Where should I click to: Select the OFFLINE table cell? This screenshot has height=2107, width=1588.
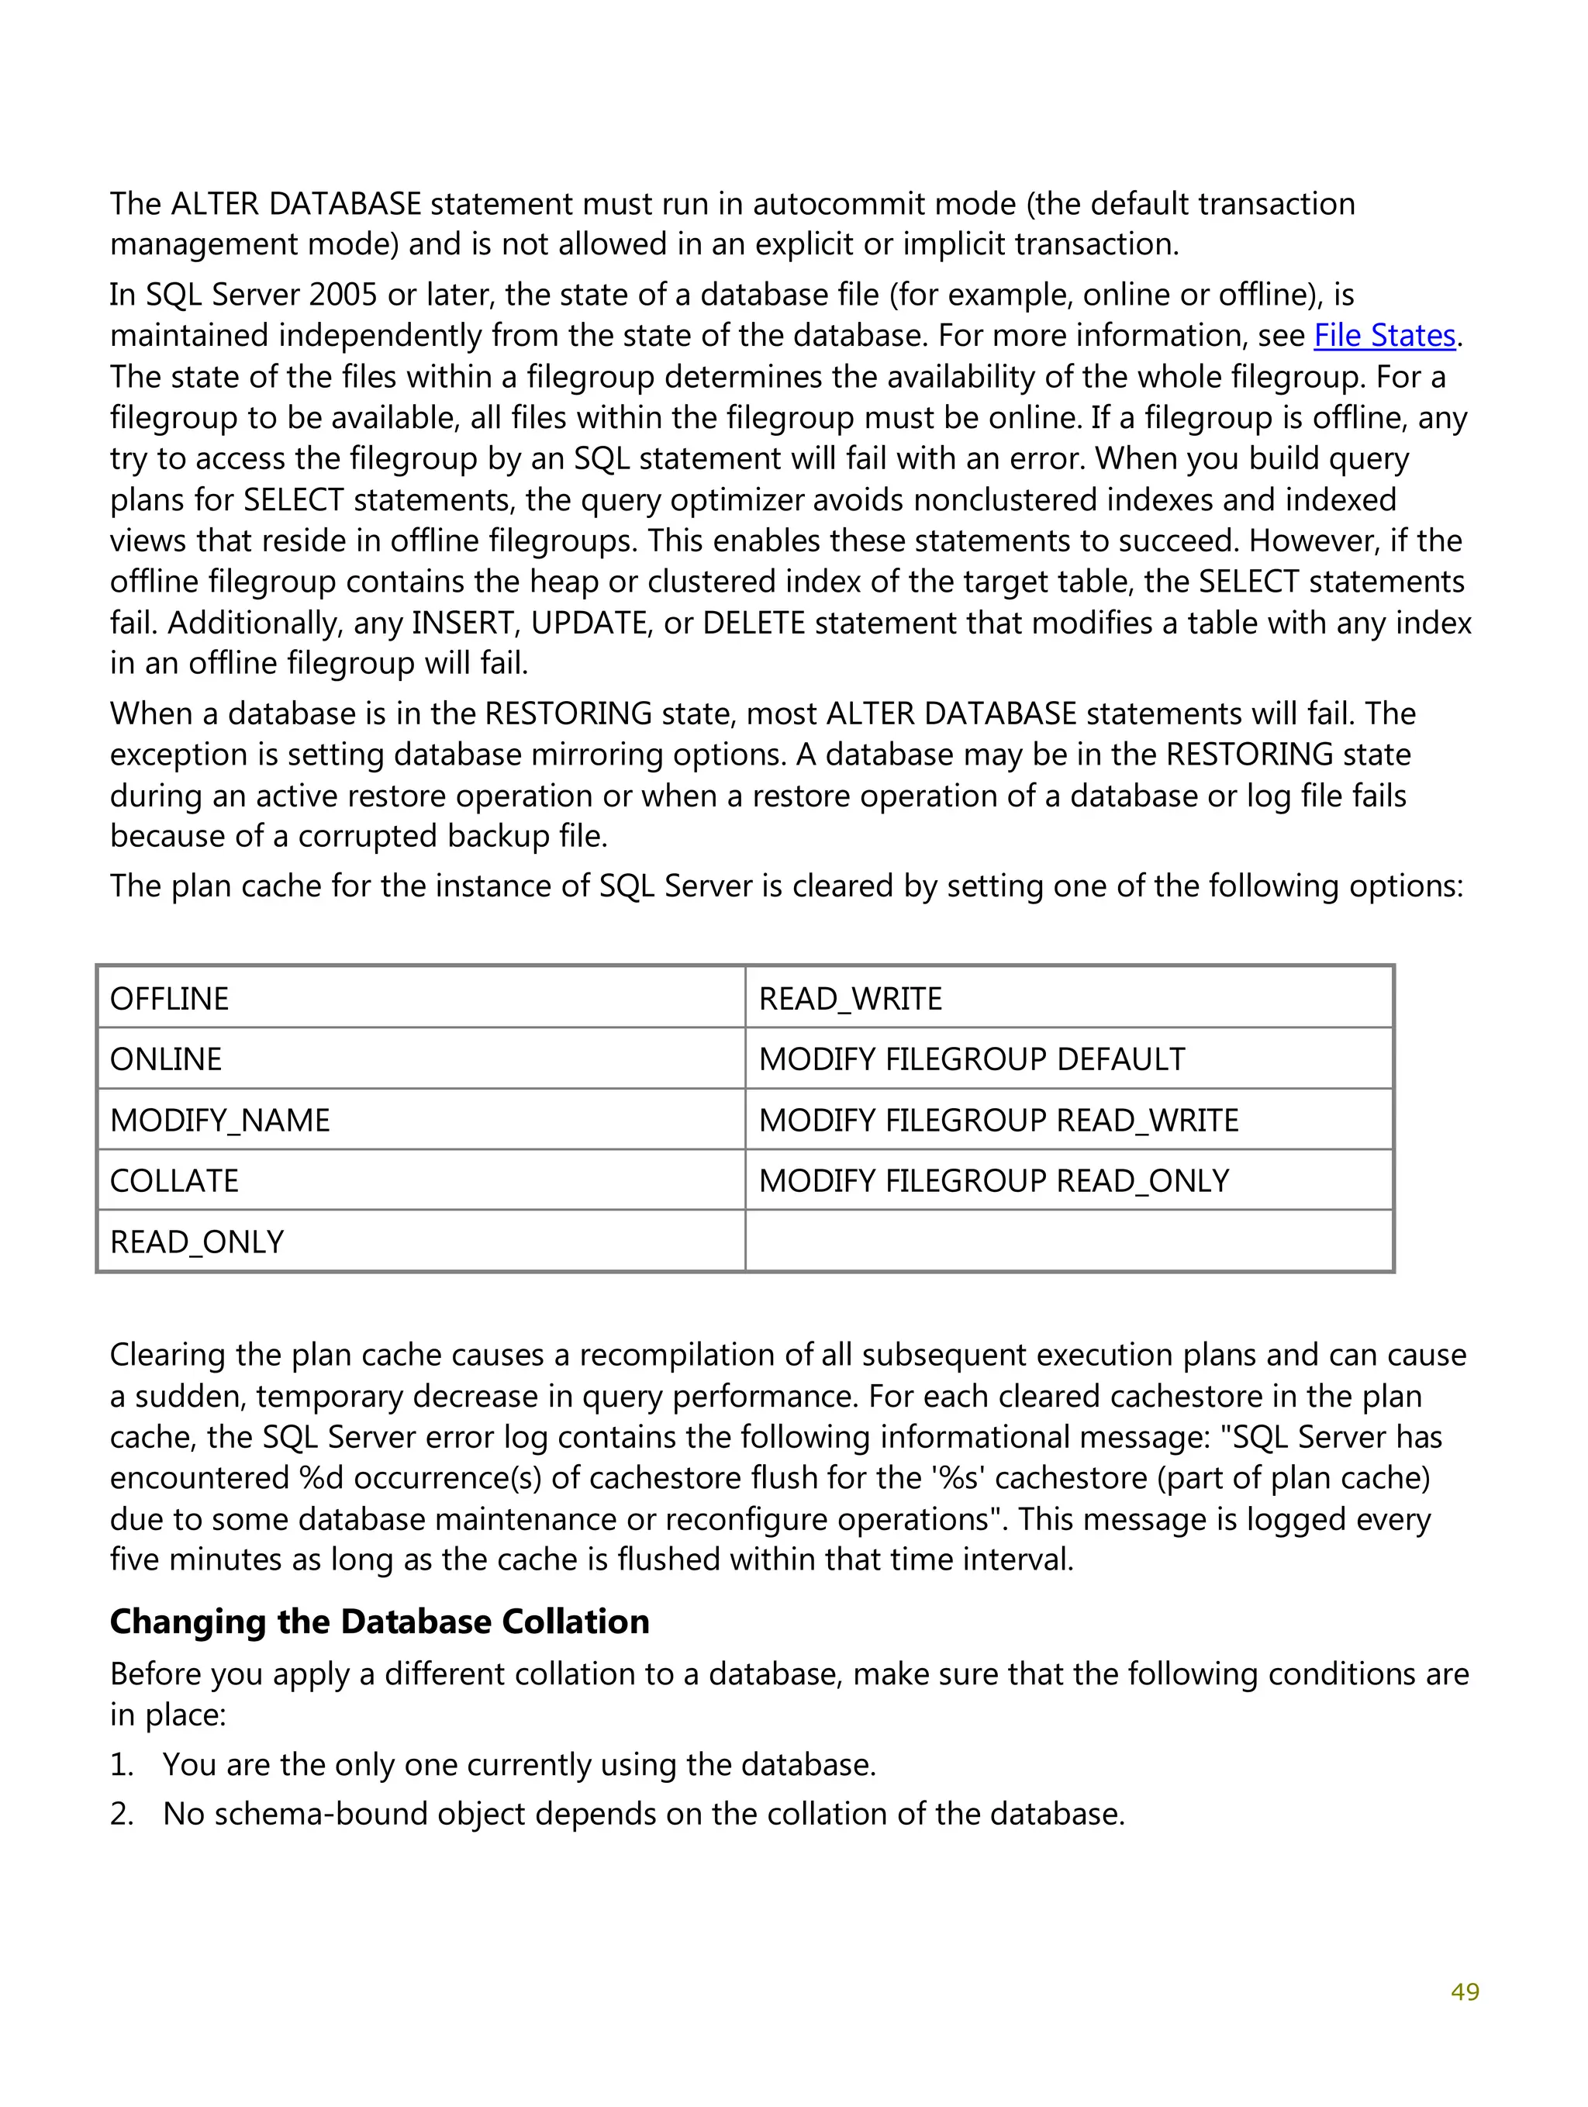click(x=420, y=997)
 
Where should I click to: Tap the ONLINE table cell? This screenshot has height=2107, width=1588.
click(x=420, y=1059)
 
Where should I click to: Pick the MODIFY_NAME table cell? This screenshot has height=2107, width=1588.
click(x=420, y=1119)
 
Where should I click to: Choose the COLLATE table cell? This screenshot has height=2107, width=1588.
click(x=420, y=1180)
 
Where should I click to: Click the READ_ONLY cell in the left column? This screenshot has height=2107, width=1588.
click(x=420, y=1241)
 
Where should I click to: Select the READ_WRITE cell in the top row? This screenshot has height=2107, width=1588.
click(x=1068, y=997)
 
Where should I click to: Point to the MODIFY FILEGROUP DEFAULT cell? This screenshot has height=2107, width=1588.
click(x=1068, y=1059)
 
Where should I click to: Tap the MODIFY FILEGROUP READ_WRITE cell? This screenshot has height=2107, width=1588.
click(x=1068, y=1119)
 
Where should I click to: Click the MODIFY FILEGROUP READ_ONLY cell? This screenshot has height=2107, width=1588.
click(x=1068, y=1180)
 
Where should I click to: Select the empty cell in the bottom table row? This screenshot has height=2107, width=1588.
click(x=1068, y=1241)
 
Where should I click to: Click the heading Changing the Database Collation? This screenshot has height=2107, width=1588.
click(x=379, y=1622)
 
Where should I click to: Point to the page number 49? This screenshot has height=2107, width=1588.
click(x=1464, y=1991)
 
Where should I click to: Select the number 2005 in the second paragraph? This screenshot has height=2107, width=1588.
click(x=343, y=295)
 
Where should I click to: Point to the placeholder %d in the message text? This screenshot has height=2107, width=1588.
click(x=320, y=1477)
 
